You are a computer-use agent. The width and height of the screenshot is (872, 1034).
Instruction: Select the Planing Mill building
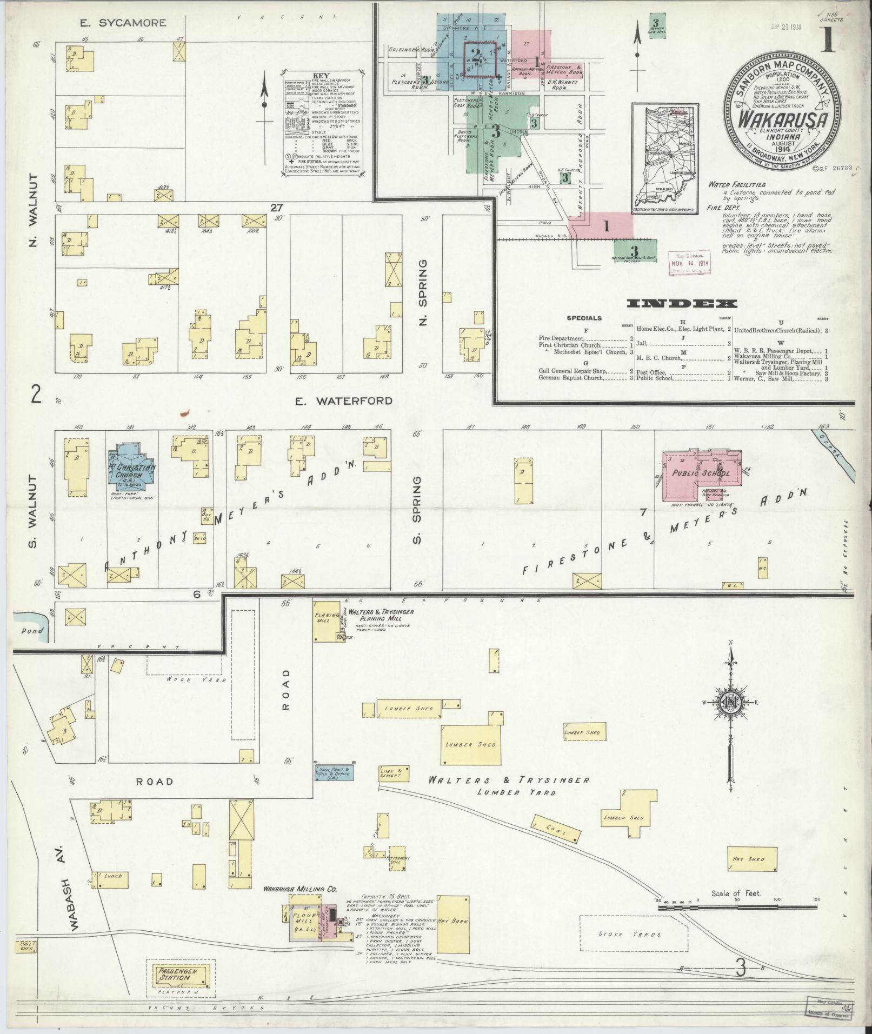pos(326,617)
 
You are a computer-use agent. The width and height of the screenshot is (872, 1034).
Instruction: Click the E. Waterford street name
pos(343,401)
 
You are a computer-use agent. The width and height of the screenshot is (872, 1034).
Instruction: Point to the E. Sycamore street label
pos(123,23)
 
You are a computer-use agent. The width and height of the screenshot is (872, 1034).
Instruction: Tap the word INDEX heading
pos(682,304)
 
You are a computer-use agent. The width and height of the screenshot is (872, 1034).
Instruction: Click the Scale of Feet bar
pos(737,909)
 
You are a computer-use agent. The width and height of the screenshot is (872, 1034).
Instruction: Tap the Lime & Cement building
pos(391,773)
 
